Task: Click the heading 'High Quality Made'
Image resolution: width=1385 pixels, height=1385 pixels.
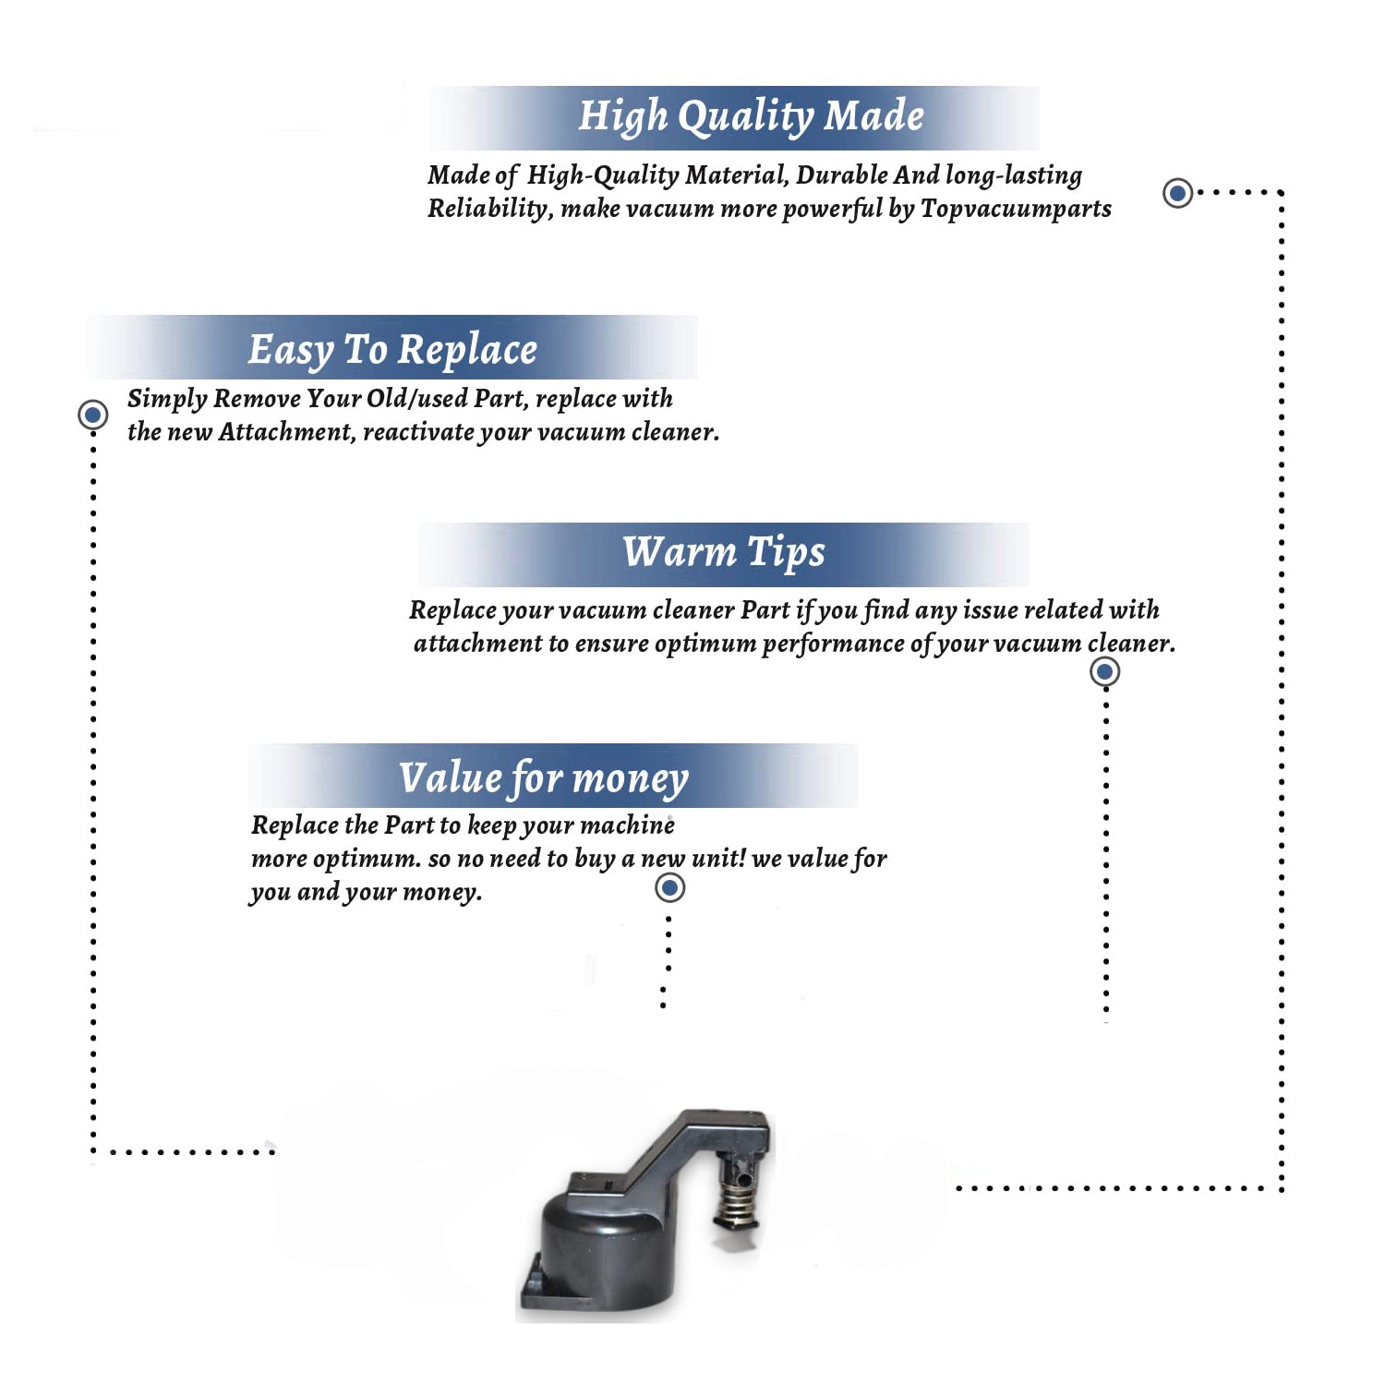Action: pyautogui.click(x=751, y=117)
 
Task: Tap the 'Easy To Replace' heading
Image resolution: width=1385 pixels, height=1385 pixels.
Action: pyautogui.click(x=392, y=350)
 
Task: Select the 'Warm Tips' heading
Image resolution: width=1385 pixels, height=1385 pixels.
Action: pyautogui.click(x=724, y=552)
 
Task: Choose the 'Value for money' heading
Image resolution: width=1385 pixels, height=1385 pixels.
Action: pyautogui.click(x=544, y=778)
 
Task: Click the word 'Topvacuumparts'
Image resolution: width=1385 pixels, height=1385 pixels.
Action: pyautogui.click(x=1016, y=210)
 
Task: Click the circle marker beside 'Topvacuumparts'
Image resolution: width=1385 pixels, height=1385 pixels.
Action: pyautogui.click(x=1177, y=193)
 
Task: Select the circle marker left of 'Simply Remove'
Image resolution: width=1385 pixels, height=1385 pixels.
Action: pyautogui.click(x=92, y=415)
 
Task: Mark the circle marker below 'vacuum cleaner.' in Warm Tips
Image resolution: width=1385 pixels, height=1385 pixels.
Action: pyautogui.click(x=1105, y=671)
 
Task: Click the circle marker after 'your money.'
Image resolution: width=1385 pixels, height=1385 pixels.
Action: pyautogui.click(x=669, y=888)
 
